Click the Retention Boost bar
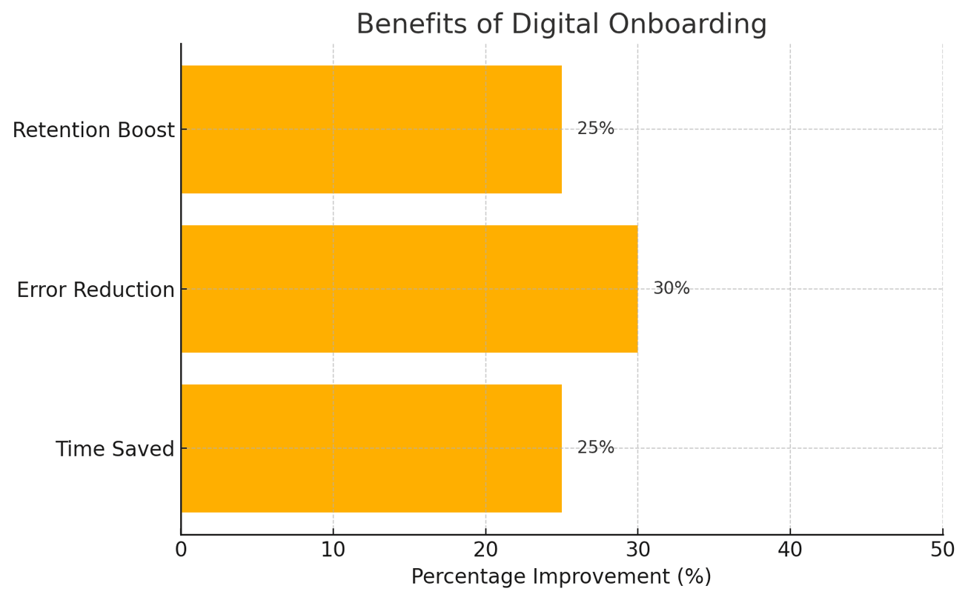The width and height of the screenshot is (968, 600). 371,130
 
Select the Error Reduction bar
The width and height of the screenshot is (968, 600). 409,289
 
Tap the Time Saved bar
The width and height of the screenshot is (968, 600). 371,448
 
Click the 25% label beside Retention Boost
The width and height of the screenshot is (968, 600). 595,129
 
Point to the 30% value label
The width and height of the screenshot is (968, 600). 671,289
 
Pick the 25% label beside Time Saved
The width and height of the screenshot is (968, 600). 595,448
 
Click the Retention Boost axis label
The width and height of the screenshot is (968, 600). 93,130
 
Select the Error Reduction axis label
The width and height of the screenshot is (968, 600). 96,290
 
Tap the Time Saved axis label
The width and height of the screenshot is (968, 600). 115,450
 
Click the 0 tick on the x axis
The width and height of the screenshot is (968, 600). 181,550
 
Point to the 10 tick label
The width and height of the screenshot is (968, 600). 333,550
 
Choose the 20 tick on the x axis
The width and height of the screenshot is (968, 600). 485,550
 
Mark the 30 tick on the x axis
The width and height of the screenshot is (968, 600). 637,550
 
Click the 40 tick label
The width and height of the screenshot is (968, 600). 790,550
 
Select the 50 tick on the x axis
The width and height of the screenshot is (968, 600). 942,550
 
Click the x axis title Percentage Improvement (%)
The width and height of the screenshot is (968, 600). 561,577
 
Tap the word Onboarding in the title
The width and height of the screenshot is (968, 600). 687,24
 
